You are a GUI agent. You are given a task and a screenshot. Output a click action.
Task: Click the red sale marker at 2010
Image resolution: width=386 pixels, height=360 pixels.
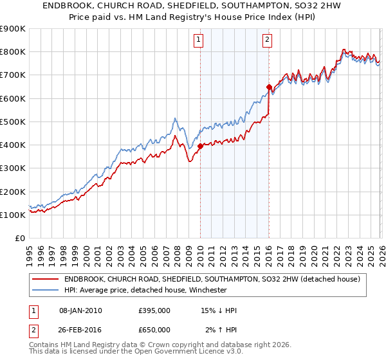tap(200, 146)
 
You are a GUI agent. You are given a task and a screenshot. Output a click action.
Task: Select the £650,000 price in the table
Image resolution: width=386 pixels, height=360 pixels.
tap(154, 330)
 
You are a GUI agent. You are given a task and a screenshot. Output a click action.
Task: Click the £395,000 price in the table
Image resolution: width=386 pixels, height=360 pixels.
tap(154, 310)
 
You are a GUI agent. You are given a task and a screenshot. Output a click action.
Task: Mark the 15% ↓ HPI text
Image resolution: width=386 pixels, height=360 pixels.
tap(219, 310)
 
